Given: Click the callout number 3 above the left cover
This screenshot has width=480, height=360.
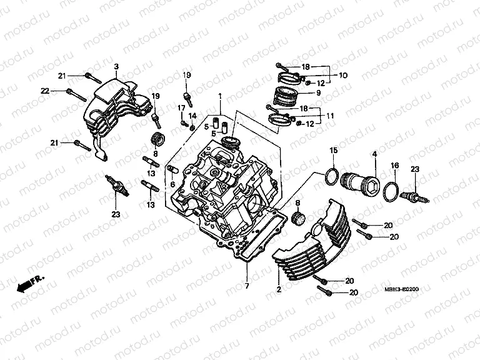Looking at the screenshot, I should pyautogui.click(x=116, y=66).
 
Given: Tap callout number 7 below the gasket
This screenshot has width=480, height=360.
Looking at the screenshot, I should pyautogui.click(x=246, y=286).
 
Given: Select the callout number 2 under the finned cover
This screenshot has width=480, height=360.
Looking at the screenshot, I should pyautogui.click(x=278, y=291).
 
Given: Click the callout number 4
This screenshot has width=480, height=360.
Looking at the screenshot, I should pyautogui.click(x=375, y=153).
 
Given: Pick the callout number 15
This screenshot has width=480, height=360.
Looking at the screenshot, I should pyautogui.click(x=334, y=151).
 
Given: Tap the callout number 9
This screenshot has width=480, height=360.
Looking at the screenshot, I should pyautogui.click(x=318, y=92).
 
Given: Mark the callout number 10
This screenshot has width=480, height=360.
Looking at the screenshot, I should pyautogui.click(x=343, y=75).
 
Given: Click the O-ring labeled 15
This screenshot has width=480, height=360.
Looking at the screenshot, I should pyautogui.click(x=334, y=176).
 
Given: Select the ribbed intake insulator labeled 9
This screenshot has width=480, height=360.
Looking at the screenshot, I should pyautogui.click(x=286, y=97).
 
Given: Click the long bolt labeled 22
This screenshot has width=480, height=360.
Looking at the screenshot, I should pyautogui.click(x=76, y=95).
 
